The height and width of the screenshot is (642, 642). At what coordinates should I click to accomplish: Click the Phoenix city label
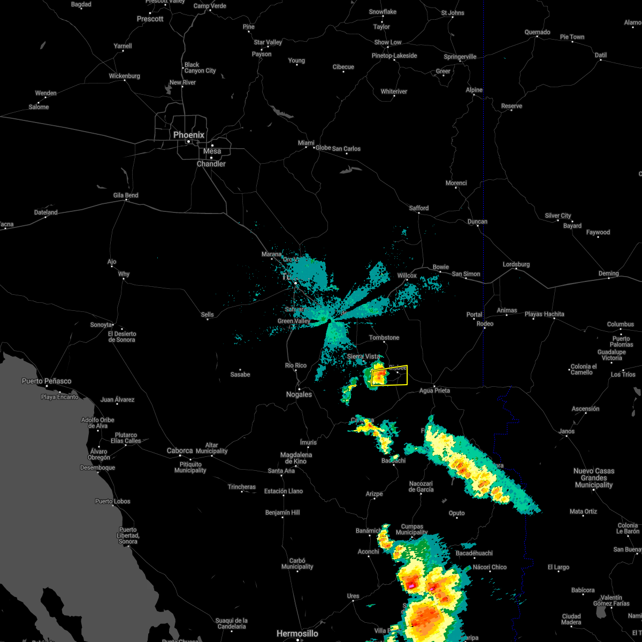(x=188, y=135)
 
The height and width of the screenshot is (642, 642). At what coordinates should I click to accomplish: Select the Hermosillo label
(x=297, y=633)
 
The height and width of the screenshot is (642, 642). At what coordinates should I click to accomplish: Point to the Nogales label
(x=299, y=394)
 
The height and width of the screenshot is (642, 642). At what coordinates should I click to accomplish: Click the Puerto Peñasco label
(x=47, y=381)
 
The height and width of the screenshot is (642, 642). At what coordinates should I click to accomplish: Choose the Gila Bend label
(x=126, y=195)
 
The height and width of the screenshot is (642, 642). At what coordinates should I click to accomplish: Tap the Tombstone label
(x=384, y=338)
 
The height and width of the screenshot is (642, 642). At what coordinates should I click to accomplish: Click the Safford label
(x=419, y=208)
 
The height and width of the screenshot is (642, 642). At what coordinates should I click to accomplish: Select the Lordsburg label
(x=516, y=264)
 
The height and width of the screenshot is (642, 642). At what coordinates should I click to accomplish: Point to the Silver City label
(x=558, y=216)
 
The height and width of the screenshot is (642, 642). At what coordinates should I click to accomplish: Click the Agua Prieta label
(x=434, y=391)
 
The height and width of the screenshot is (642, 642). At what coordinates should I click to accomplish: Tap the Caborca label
(x=180, y=451)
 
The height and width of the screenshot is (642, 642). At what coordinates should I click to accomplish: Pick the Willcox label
(x=407, y=276)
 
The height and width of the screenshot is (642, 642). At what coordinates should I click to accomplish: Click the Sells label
(x=207, y=315)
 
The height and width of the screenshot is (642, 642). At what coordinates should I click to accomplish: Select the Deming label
(x=608, y=273)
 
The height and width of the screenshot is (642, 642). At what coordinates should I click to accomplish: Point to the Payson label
(x=262, y=54)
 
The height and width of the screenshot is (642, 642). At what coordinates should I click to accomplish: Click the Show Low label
(x=388, y=42)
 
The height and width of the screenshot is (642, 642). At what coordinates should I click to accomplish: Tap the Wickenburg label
(x=124, y=76)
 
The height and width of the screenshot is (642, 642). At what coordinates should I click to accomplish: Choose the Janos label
(x=567, y=431)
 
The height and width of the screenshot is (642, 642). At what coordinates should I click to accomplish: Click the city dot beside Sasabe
(x=240, y=369)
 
